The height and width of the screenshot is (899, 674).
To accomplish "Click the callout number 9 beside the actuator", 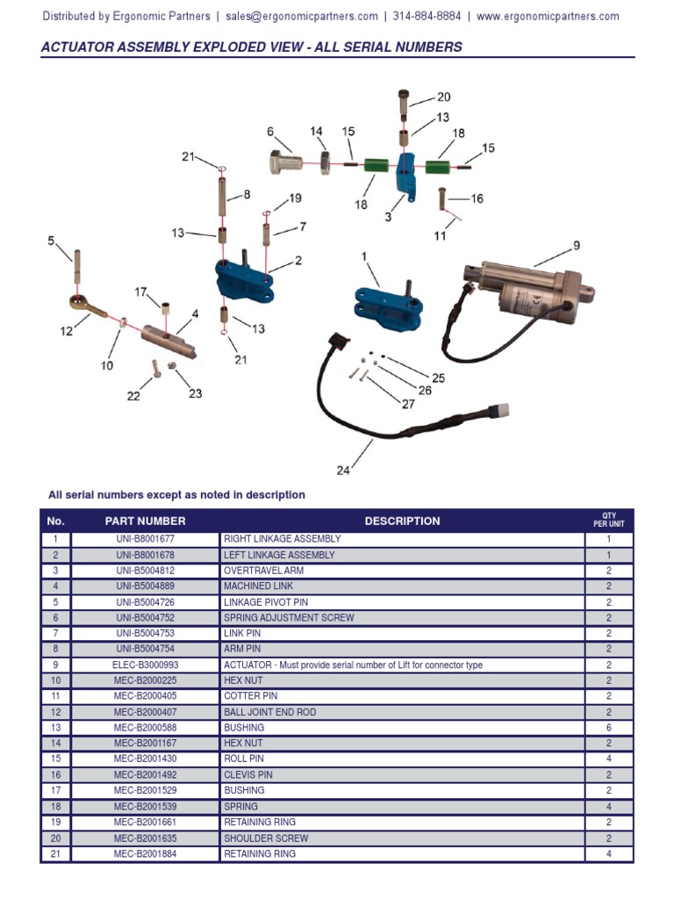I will pos(577,246).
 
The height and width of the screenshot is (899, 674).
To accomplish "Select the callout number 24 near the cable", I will pos(343,470).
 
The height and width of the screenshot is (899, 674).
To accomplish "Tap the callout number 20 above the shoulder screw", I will pos(443,97).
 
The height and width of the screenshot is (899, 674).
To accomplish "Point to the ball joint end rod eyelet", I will pos(78,303).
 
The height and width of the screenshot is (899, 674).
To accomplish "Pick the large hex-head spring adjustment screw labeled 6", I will pos(286,163).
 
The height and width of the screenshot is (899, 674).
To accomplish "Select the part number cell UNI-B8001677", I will pos(145,539).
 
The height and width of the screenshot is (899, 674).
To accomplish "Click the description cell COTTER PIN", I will pos(250,696).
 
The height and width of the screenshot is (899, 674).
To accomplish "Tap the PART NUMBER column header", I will pos(145,521).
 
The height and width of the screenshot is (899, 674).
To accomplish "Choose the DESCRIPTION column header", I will pos(402,521).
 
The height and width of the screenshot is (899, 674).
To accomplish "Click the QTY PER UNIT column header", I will pos(609,521).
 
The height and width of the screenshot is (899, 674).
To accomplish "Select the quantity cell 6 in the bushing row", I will pos(609,728).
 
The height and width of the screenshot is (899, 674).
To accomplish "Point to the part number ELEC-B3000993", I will pos(145,665).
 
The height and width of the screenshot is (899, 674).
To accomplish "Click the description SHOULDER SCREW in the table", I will pos(266,838).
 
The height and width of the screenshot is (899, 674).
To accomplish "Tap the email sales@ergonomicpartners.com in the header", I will pos(301,17).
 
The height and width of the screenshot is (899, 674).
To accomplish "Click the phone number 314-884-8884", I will pos(427,17).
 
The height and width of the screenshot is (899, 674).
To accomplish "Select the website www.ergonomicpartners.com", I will pos(548,17).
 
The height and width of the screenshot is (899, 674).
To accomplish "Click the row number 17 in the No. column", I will pos(55,791).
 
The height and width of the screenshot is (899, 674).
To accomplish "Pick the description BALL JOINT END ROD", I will pos(269,712).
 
